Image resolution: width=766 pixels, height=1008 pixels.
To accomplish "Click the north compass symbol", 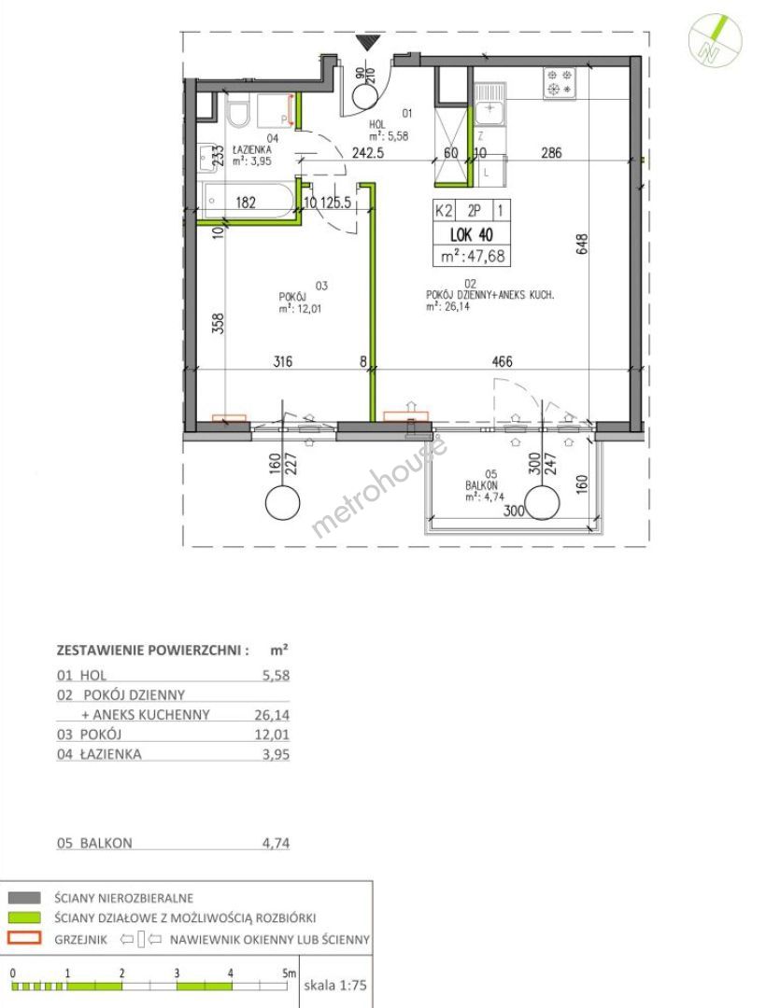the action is [x=715, y=40].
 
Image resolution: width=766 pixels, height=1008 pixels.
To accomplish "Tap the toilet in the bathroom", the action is [x=239, y=110].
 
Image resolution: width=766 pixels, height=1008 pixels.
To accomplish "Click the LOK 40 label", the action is [x=472, y=233].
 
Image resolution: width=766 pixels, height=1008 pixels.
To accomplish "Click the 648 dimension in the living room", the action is [x=581, y=245].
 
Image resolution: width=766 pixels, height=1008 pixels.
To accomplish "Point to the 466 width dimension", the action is [x=502, y=361].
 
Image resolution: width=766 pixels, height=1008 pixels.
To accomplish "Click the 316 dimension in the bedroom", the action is [x=282, y=361].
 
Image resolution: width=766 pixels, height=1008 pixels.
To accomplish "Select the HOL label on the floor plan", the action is [x=376, y=124].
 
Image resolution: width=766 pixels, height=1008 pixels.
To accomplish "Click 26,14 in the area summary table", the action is [x=272, y=714].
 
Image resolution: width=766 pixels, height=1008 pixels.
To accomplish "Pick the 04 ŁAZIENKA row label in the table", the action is [x=99, y=754].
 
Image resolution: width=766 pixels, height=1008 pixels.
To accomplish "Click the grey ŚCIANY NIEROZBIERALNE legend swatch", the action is [x=25, y=898].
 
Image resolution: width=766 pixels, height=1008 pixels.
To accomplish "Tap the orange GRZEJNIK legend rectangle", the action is [x=25, y=938].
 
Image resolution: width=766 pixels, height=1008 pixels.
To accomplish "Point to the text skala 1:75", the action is [x=335, y=985].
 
